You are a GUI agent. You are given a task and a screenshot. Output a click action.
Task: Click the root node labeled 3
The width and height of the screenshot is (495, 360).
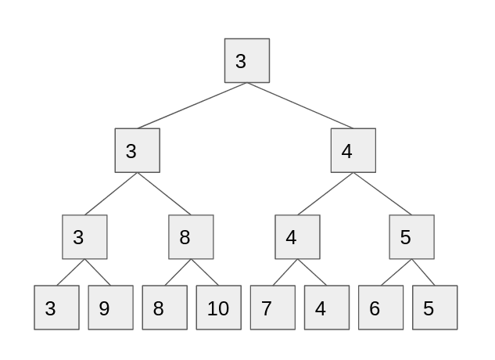(247, 60)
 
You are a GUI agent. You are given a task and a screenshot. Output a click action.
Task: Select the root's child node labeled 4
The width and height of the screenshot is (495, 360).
(353, 150)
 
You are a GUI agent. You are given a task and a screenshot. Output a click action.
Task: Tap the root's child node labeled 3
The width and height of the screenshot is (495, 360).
(137, 150)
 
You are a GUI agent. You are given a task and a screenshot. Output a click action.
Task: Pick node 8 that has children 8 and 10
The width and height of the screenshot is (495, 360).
(191, 236)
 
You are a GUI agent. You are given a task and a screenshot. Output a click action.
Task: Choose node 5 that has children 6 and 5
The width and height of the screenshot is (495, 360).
(411, 236)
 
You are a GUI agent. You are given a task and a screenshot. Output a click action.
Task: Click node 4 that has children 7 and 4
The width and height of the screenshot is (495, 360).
(297, 236)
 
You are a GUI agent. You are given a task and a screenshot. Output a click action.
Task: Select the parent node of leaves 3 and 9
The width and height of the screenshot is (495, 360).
(84, 236)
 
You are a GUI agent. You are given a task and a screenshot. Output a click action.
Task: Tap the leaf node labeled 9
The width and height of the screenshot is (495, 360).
(110, 308)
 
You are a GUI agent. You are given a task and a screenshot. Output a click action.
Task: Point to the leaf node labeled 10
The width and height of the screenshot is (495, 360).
(217, 308)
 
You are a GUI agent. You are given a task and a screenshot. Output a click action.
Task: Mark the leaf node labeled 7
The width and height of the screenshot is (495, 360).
(272, 308)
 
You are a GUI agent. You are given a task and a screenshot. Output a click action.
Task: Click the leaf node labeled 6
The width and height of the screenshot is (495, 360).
(381, 308)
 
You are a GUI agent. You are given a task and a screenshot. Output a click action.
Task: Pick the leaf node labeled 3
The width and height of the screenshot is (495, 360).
(56, 308)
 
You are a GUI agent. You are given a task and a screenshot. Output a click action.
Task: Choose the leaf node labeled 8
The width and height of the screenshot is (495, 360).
(164, 308)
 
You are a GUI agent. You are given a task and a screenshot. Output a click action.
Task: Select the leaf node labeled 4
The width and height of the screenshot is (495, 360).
(326, 308)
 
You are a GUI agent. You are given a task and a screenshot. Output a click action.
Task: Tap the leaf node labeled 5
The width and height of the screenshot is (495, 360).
(435, 308)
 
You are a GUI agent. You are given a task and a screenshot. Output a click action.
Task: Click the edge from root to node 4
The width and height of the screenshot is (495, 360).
(300, 105)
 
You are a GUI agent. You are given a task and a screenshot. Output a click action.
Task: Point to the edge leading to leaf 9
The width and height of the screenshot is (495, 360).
(98, 272)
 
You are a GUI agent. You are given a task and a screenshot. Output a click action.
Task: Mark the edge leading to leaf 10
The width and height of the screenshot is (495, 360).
(205, 272)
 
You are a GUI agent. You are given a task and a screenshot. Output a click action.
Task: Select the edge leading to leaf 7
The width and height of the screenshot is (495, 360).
(285, 272)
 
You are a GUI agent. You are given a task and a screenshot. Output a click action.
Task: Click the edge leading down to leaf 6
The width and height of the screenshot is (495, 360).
(396, 272)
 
